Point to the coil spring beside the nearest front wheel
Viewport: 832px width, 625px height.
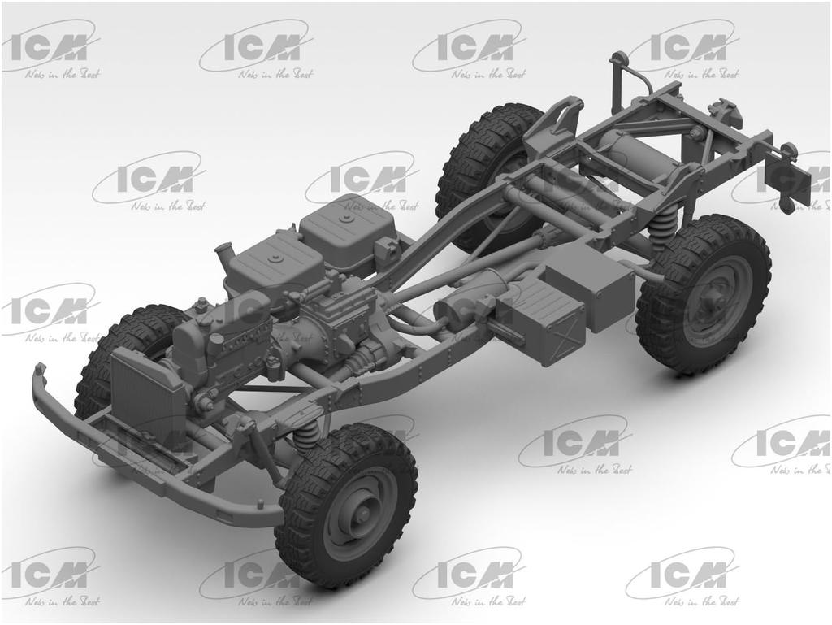[307, 437]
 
